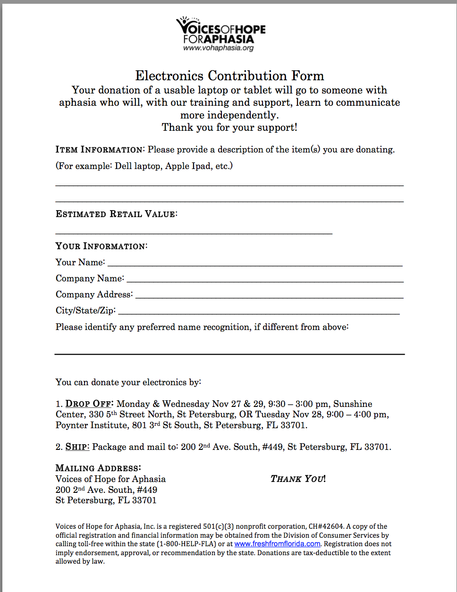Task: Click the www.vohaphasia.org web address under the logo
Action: pyautogui.click(x=218, y=48)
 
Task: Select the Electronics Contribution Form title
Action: pyautogui.click(x=229, y=76)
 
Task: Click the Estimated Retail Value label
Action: pyautogui.click(x=116, y=214)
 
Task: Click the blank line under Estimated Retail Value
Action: pyautogui.click(x=194, y=233)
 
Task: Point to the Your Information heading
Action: pyautogui.click(x=101, y=246)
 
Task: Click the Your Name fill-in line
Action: pyautogui.click(x=255, y=265)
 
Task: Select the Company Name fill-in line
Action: pyautogui.click(x=265, y=281)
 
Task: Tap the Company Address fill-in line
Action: pyautogui.click(x=269, y=297)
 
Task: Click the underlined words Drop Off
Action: pyautogui.click(x=89, y=404)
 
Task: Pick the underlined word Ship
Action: pyautogui.click(x=77, y=447)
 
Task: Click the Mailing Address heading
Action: pyautogui.click(x=98, y=468)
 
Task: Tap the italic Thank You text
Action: pyautogui.click(x=297, y=479)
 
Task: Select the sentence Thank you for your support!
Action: pyautogui.click(x=229, y=127)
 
